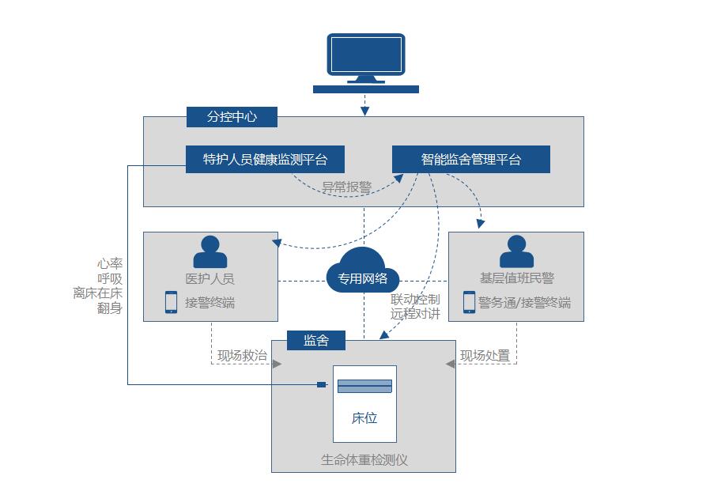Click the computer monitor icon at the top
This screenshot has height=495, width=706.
click(x=364, y=59)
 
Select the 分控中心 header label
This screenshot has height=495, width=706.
click(x=232, y=117)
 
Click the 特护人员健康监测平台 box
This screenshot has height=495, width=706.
click(x=265, y=159)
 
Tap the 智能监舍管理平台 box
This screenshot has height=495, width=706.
click(x=470, y=159)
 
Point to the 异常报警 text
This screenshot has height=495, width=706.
click(x=346, y=188)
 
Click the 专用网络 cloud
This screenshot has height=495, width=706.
click(x=363, y=278)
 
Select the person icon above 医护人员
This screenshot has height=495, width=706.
click(x=210, y=252)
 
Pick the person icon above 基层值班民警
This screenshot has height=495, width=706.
click(x=516, y=252)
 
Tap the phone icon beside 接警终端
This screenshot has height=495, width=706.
click(x=171, y=302)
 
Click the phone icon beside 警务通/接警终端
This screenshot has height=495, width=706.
click(x=469, y=302)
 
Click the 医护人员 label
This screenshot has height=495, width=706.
click(x=210, y=278)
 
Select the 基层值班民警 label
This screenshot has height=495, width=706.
click(x=516, y=278)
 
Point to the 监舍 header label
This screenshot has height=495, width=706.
click(x=316, y=341)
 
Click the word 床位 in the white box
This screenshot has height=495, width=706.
click(x=364, y=418)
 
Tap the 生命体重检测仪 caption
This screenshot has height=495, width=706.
click(x=364, y=459)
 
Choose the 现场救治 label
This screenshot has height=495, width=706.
click(x=242, y=356)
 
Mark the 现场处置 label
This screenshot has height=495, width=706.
click(x=485, y=356)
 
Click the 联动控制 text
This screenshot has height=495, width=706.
click(x=415, y=300)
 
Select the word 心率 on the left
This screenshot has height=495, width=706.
click(x=110, y=264)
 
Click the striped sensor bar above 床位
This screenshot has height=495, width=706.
click(x=364, y=386)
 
